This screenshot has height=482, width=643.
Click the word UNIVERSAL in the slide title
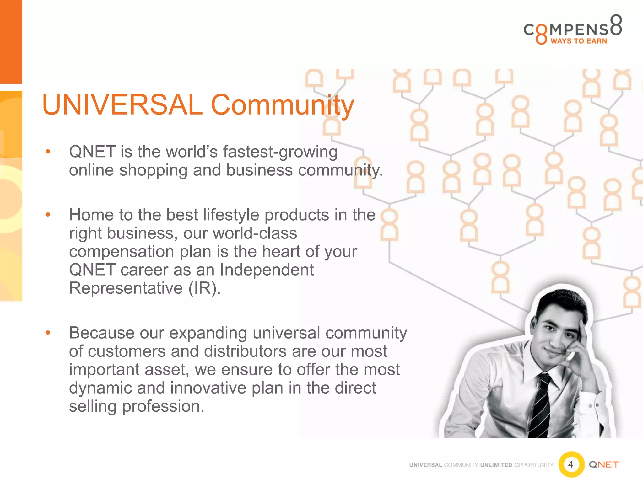[x=122, y=105]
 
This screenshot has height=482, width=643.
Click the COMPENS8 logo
[x=573, y=30]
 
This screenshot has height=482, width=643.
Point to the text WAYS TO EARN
[x=579, y=41]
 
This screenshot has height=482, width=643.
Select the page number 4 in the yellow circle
[x=571, y=464]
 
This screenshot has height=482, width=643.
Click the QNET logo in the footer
[x=604, y=464]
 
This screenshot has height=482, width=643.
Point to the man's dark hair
[x=562, y=301]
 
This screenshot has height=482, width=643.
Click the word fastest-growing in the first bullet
[x=280, y=152]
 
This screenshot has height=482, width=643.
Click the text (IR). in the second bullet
[x=204, y=288]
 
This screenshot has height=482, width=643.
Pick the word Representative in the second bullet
[x=126, y=288]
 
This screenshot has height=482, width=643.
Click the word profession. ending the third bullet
[x=163, y=406]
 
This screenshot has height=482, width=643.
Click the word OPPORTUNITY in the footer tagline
[x=534, y=465]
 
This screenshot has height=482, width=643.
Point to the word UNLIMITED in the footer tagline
[x=496, y=465]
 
